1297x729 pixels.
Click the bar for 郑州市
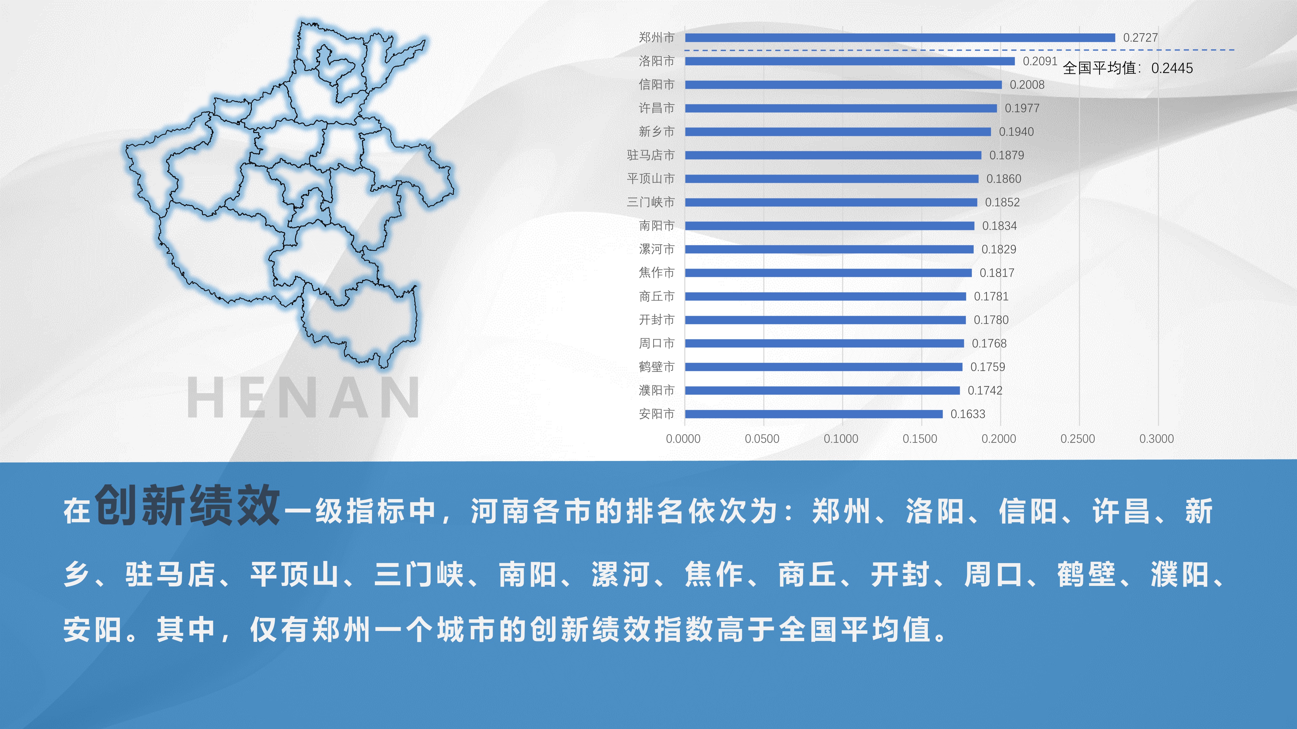[900, 38]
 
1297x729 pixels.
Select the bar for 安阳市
[814, 414]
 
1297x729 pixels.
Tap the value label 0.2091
[1040, 61]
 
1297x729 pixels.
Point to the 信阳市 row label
[657, 85]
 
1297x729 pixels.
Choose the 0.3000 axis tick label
[1156, 439]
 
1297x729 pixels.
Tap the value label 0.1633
[968, 414]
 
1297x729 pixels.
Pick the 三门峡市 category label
[651, 202]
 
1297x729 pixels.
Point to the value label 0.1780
[991, 320]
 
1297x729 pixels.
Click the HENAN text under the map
[303, 397]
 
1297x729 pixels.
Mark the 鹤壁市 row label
[657, 367]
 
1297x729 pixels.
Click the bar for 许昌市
[841, 108]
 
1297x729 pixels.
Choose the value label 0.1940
[1016, 132]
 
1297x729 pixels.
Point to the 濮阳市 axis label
[657, 390]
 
